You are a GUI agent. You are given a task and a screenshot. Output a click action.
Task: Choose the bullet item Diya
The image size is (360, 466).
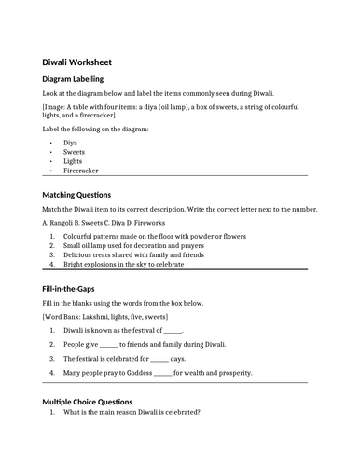71,141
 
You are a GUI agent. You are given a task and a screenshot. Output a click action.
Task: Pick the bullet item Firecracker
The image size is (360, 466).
82,171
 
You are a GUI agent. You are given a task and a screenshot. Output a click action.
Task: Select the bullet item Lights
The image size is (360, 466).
73,160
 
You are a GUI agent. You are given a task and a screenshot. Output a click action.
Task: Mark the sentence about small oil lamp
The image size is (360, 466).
139,246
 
